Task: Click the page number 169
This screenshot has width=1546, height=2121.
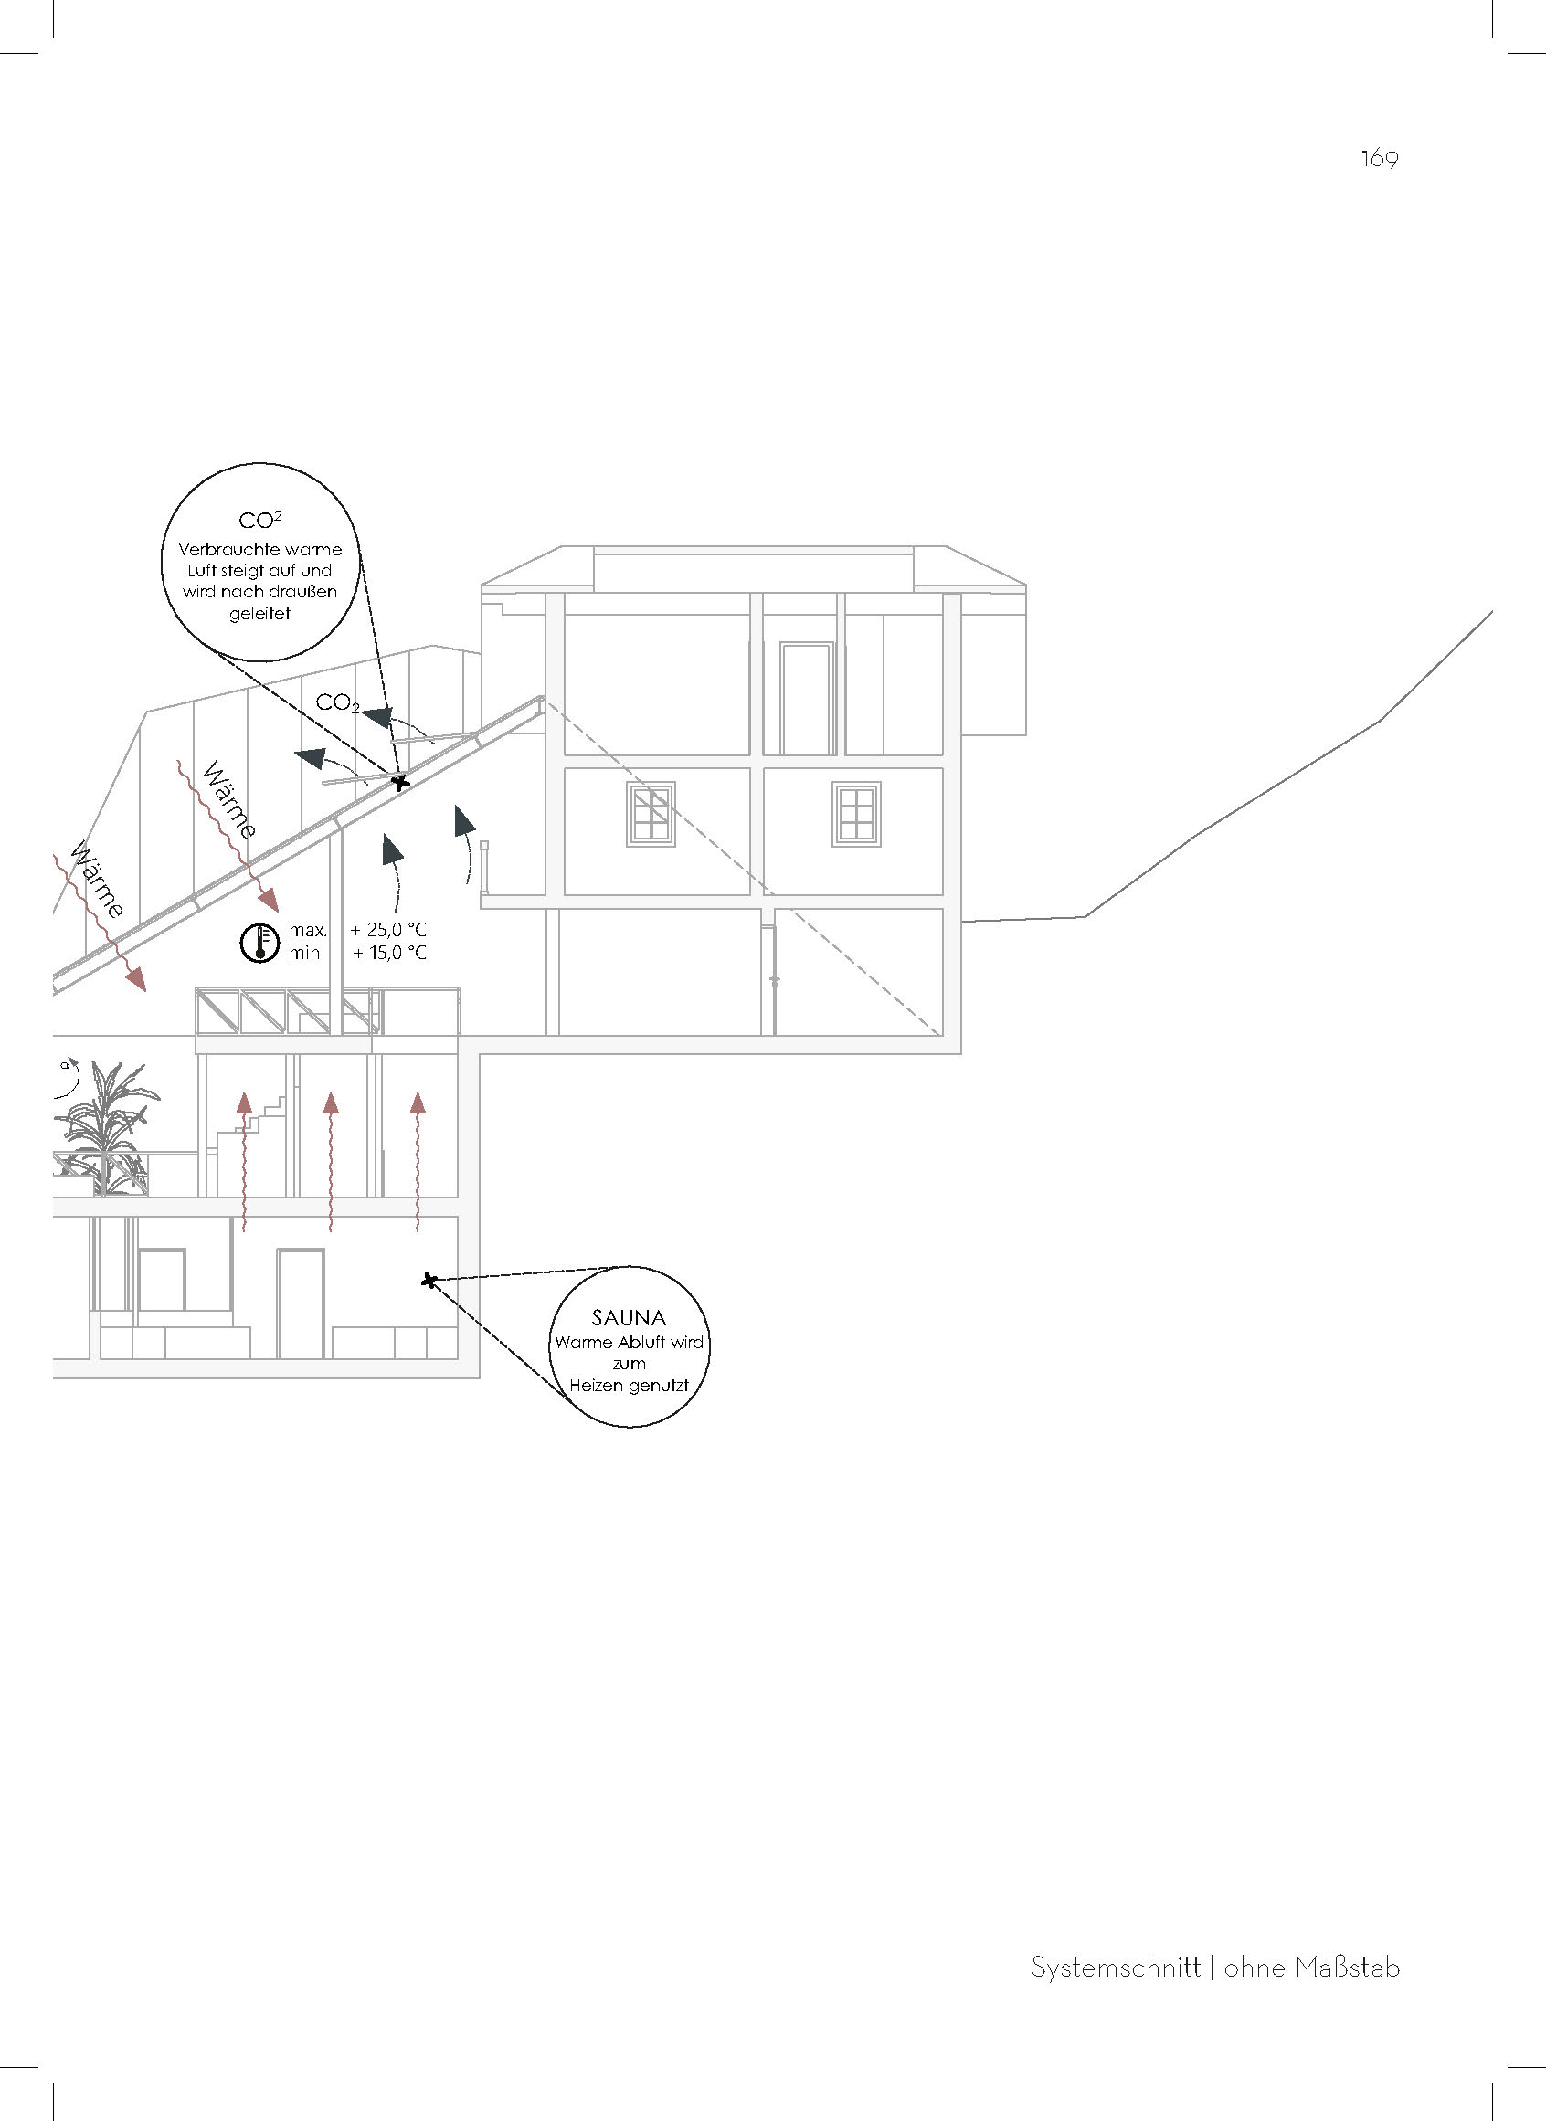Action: tap(1380, 159)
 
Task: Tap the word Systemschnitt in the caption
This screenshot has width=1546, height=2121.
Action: tap(1116, 1968)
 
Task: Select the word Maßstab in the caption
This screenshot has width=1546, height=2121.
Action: tap(1349, 1968)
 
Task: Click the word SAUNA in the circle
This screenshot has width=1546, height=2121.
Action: tap(629, 1318)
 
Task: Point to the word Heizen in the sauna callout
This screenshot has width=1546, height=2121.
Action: tap(598, 1386)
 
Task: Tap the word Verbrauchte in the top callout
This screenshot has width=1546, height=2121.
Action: tap(221, 549)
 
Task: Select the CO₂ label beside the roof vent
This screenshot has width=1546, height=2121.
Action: tap(337, 702)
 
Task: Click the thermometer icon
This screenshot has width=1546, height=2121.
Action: tap(260, 942)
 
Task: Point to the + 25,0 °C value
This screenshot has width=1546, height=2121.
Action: tap(388, 931)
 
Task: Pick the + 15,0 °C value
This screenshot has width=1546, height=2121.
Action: tap(388, 954)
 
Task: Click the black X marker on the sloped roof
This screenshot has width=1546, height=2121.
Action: tap(400, 782)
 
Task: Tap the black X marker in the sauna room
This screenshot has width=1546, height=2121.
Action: tap(429, 1280)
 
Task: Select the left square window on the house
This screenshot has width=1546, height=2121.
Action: tap(651, 813)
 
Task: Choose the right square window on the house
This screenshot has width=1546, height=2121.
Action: tap(856, 813)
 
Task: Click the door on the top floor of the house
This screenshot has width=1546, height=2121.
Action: tap(807, 698)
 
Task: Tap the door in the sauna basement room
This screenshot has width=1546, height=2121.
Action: tap(301, 1303)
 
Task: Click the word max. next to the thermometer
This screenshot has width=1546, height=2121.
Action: tap(308, 931)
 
